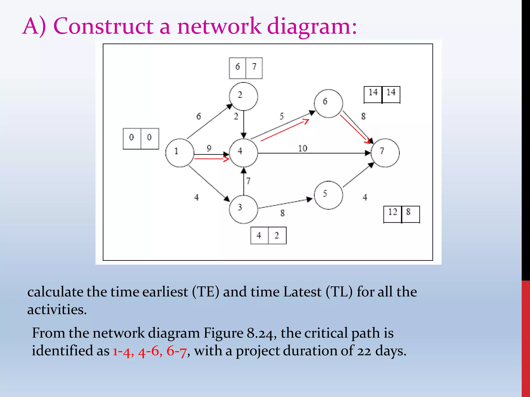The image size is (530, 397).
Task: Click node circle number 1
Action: point(180,153)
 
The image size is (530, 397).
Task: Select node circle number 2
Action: point(243,96)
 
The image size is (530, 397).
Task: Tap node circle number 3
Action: point(243,209)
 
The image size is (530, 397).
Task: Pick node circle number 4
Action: point(243,153)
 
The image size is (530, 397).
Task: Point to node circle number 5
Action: point(328,195)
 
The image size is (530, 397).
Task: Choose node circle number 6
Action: point(328,103)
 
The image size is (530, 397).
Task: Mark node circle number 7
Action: point(385,153)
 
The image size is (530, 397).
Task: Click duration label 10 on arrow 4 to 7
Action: point(303,148)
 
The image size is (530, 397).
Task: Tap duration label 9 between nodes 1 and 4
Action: point(209,148)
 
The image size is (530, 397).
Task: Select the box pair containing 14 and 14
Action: point(382,95)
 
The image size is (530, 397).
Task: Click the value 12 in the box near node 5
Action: point(393,212)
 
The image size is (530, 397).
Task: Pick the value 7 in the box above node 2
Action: point(254,67)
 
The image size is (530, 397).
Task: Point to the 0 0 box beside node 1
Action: point(141,139)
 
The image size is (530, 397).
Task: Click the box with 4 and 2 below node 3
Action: point(268,235)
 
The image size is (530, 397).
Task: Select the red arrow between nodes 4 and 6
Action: point(285,130)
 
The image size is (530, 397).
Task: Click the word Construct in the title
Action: point(104,26)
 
